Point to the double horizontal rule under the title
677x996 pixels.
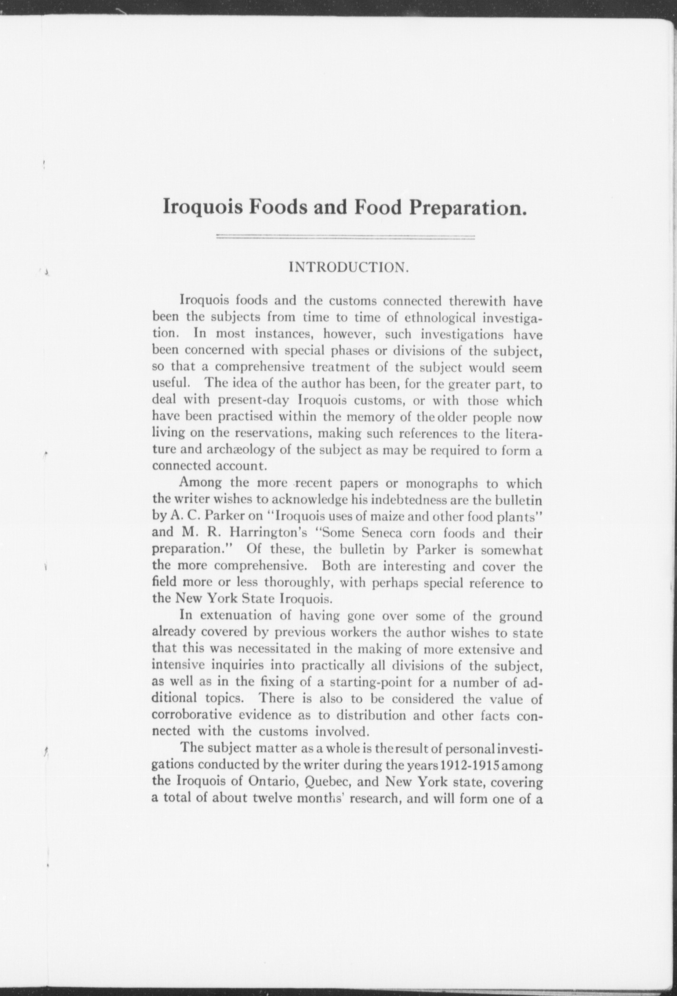346,236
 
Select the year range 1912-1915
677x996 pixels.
464,766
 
